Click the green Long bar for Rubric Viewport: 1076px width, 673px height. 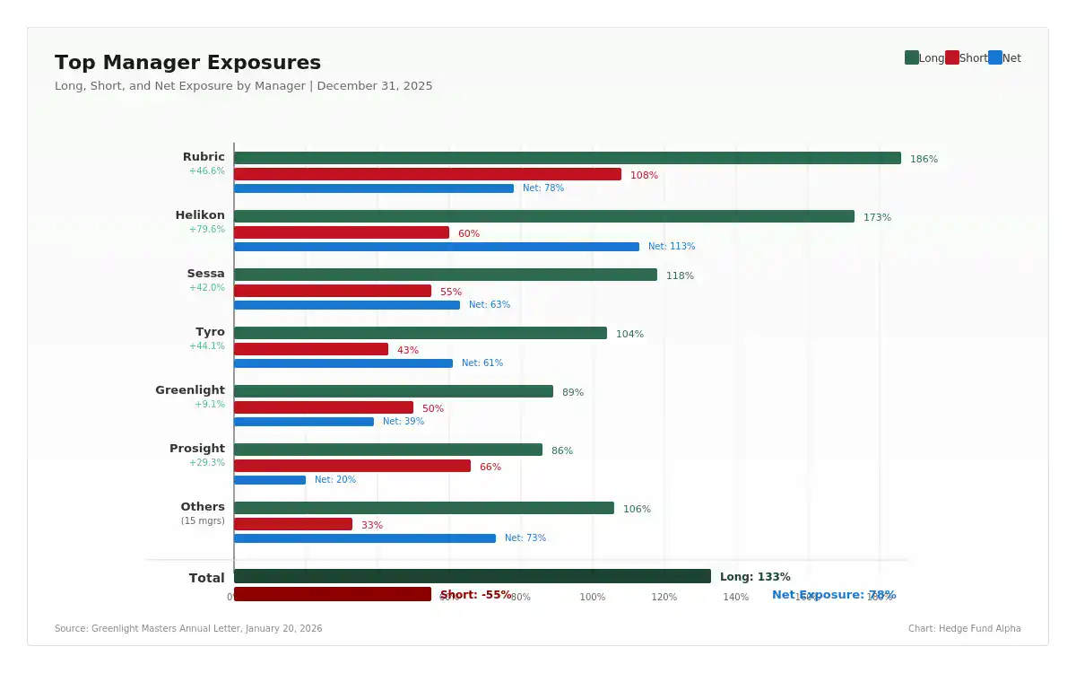[567, 158]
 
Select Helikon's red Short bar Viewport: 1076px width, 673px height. [342, 232]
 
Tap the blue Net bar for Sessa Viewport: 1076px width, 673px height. [347, 305]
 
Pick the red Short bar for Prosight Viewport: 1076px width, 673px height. [352, 466]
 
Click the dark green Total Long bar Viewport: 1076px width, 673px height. [472, 576]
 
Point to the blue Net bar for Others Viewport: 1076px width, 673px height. [365, 538]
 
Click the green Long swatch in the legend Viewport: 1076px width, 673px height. [911, 57]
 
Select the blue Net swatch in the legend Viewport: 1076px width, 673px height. [994, 57]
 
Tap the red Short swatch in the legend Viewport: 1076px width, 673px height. [951, 57]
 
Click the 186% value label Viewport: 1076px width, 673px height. [924, 160]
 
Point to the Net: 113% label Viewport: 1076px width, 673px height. [672, 247]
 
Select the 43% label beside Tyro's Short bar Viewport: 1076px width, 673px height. [408, 350]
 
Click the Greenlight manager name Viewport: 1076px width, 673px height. [190, 390]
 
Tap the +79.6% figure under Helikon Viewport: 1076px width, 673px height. [207, 230]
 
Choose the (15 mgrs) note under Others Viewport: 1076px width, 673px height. [203, 520]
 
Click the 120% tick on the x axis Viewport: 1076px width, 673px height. [664, 598]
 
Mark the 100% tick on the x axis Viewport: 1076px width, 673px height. [592, 598]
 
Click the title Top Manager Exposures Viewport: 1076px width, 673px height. [187, 63]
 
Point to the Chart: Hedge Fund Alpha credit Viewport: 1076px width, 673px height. [964, 629]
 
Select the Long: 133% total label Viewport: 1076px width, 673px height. [755, 577]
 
